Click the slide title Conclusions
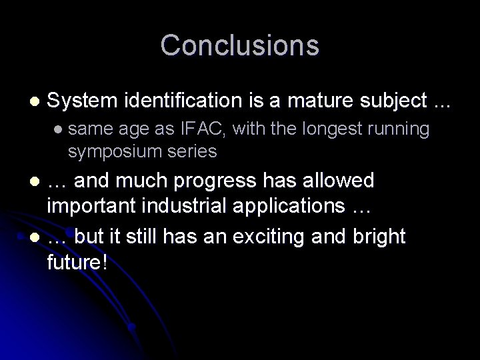240,45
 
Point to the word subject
392,101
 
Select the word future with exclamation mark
77,262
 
